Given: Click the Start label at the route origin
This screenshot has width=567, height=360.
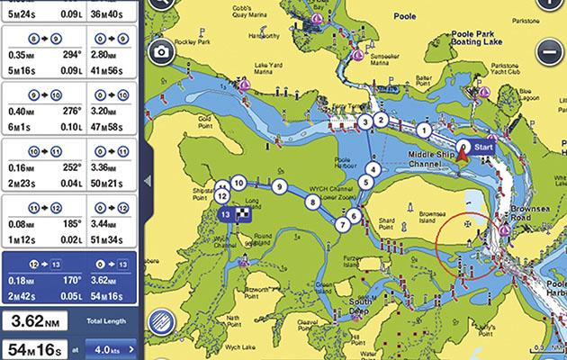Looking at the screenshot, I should [483, 146].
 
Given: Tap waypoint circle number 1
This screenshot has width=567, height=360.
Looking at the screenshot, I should [424, 130].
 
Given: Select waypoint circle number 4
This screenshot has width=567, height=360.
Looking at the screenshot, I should [373, 167].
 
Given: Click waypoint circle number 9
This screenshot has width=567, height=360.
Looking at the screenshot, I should [280, 186].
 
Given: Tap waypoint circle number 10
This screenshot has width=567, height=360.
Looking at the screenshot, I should [238, 182].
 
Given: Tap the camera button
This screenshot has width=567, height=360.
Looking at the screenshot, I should [162, 51].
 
